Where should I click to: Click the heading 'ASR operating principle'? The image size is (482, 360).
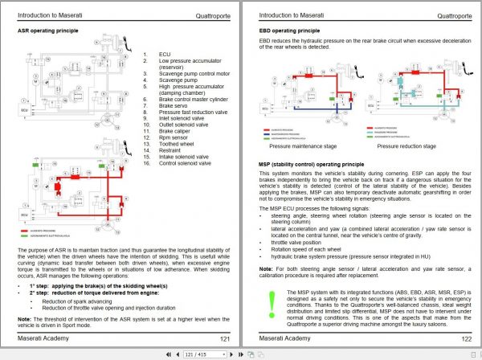coord(50,31)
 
